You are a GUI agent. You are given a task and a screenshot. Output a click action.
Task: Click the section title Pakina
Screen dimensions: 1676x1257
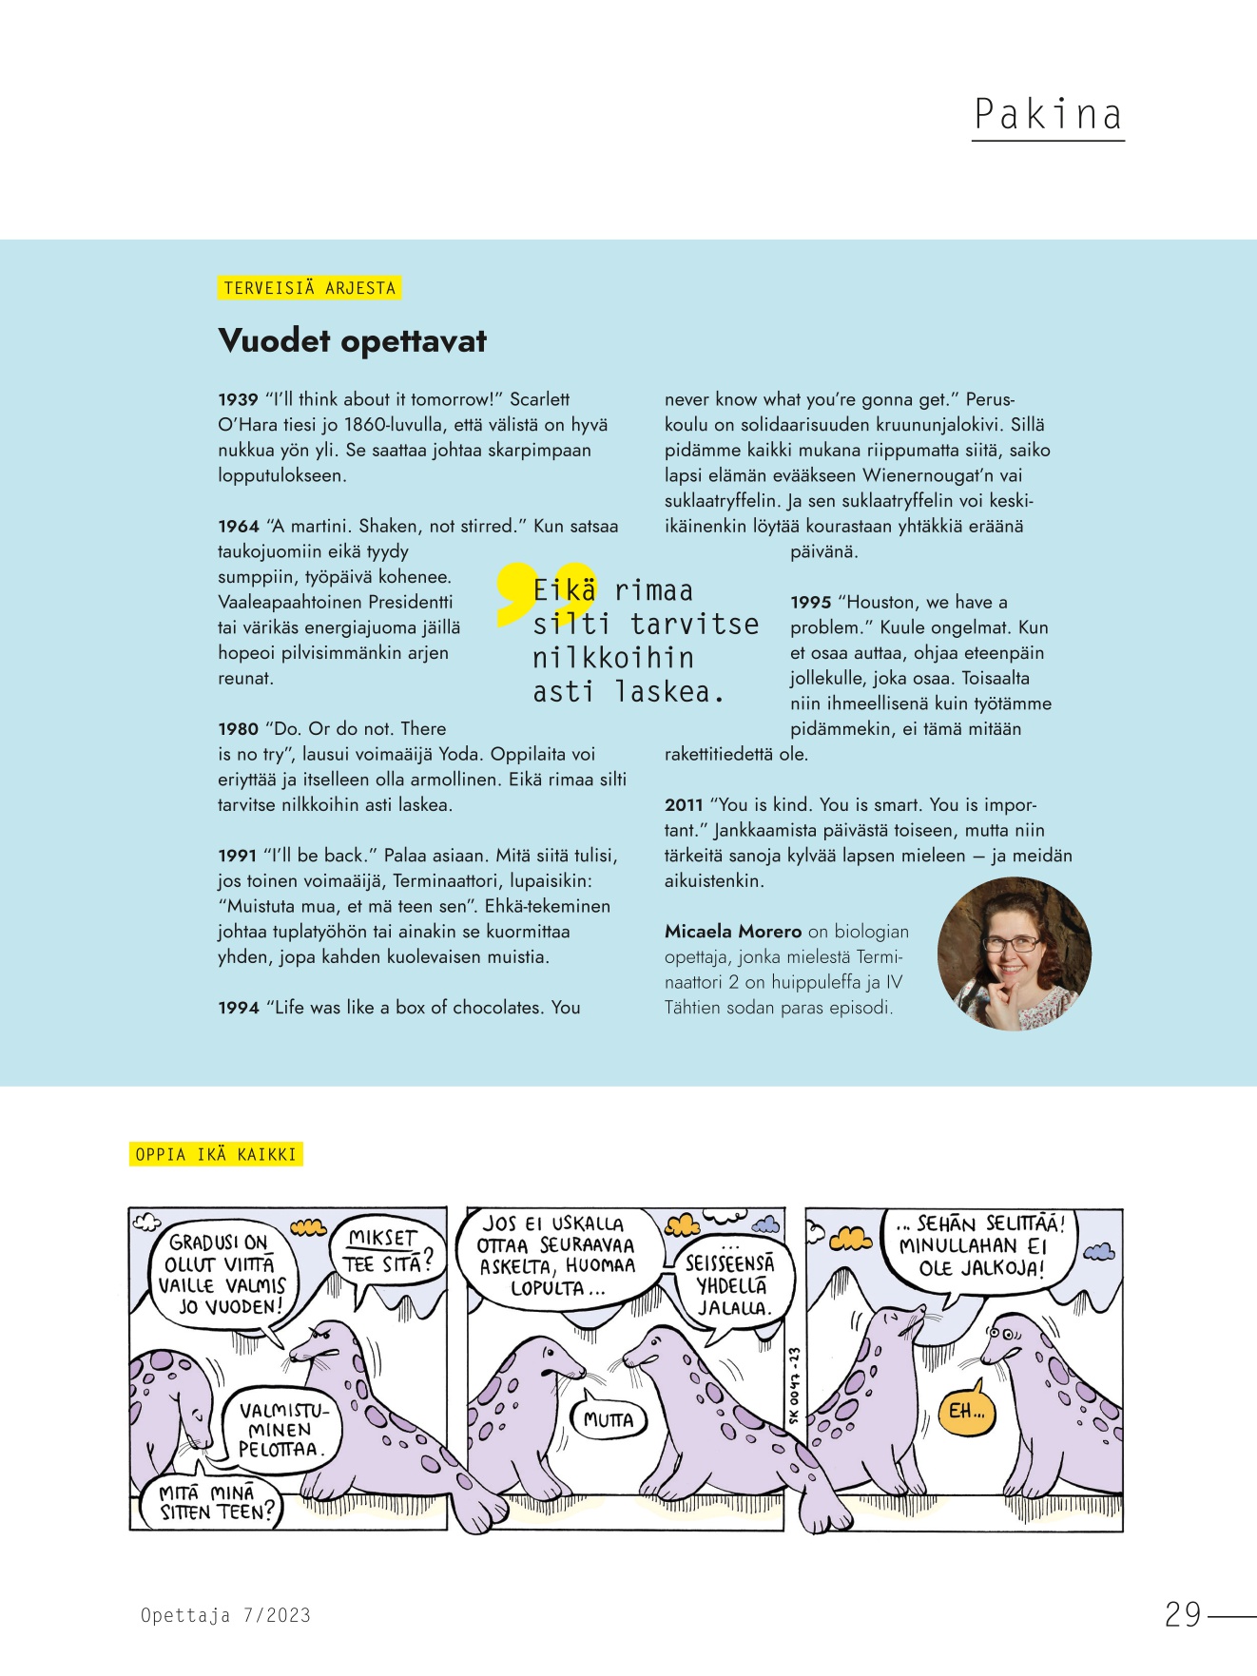tap(1048, 115)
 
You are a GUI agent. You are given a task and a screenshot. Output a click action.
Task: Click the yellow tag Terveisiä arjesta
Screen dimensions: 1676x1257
tap(309, 288)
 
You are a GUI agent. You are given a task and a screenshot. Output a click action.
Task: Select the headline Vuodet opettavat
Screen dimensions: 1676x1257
tap(352, 340)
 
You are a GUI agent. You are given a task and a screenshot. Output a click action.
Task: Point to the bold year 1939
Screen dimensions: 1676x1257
tap(238, 400)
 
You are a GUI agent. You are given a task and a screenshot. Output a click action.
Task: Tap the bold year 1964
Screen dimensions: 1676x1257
tap(238, 527)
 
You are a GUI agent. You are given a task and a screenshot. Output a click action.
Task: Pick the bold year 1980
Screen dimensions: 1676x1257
tap(238, 729)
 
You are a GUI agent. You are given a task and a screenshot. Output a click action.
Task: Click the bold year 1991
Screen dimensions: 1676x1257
tap(238, 856)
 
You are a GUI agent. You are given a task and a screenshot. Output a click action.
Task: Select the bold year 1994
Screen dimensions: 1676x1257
tap(238, 1008)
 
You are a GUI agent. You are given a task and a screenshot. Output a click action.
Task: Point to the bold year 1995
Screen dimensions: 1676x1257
tap(810, 603)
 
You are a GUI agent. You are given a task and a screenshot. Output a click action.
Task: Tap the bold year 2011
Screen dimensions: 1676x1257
tap(684, 805)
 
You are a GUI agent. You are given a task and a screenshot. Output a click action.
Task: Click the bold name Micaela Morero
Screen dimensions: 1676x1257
tap(733, 932)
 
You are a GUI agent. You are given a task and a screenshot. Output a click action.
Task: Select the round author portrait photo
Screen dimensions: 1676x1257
tap(1014, 954)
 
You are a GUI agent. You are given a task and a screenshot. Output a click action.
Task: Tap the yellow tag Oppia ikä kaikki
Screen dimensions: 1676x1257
tap(216, 1154)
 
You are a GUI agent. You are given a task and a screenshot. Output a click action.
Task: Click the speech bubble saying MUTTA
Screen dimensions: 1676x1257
tap(609, 1419)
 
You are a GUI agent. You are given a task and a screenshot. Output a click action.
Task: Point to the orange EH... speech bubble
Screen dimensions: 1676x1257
tap(968, 1411)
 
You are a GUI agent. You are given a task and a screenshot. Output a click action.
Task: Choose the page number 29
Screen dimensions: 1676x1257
tap(1183, 1614)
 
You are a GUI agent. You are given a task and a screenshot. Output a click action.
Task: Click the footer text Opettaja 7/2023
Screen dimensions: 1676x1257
tap(225, 1614)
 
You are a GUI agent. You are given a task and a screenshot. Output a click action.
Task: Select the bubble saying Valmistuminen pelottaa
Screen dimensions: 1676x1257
tap(281, 1430)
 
